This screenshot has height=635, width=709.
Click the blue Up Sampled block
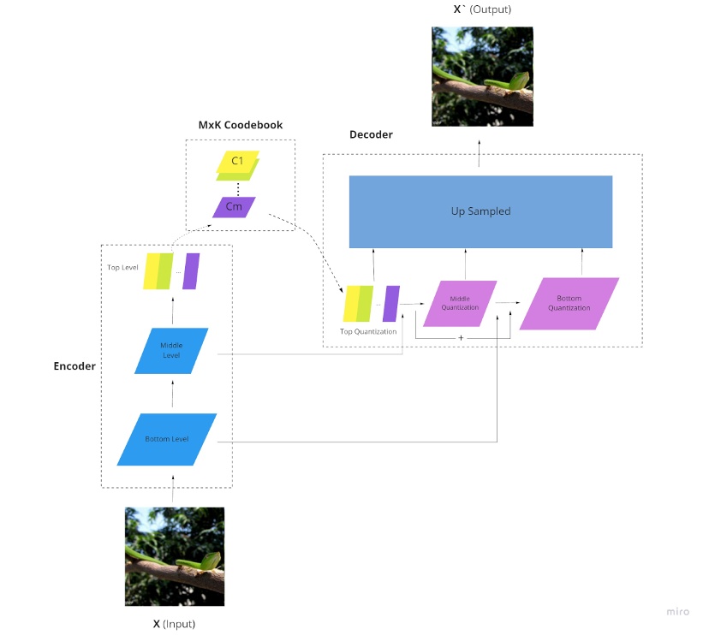click(x=480, y=211)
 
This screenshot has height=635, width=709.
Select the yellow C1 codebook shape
click(x=237, y=163)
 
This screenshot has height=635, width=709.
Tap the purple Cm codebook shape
click(x=234, y=207)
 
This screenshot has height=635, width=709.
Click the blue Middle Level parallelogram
click(x=172, y=351)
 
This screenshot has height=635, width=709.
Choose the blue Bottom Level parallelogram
click(x=167, y=440)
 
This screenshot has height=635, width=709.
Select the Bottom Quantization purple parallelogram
click(x=569, y=304)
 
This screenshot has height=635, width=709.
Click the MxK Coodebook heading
click(x=240, y=125)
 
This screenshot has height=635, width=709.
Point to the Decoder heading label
click(x=371, y=135)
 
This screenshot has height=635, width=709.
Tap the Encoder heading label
click(x=74, y=365)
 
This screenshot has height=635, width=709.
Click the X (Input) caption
click(x=174, y=624)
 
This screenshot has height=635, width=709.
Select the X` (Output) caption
click(x=481, y=9)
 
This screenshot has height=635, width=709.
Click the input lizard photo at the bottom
click(x=175, y=556)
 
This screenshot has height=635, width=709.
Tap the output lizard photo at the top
click(x=482, y=77)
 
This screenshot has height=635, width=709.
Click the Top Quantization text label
click(x=368, y=331)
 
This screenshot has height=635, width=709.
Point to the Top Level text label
click(x=122, y=267)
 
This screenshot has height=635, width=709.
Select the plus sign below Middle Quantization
click(x=462, y=339)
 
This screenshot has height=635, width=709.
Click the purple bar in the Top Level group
click(x=191, y=271)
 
